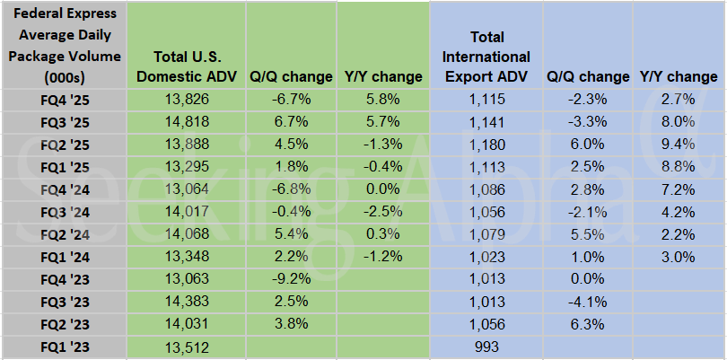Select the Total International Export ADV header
point(486,57)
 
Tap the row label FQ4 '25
point(63,98)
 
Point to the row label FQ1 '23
point(63,346)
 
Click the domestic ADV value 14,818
point(186,121)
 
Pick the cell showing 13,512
point(186,346)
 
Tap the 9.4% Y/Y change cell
point(678,144)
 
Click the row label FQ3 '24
point(63,211)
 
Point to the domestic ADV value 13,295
point(186,166)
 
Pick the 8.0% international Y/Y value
point(678,121)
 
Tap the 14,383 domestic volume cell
point(186,301)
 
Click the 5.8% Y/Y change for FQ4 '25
point(382,98)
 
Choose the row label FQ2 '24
point(63,233)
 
